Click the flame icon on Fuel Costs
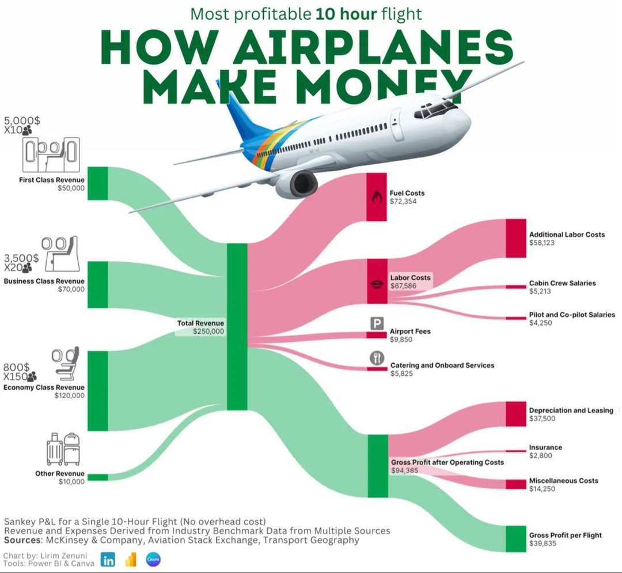click(377, 197)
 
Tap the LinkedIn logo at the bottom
click(108, 559)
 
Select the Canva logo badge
click(153, 559)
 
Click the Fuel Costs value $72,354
click(403, 202)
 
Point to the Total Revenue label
click(200, 323)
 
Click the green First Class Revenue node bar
click(97, 183)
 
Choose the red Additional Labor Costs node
click(516, 238)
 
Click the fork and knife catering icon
click(377, 357)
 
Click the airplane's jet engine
click(297, 183)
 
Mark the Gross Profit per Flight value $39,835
click(543, 543)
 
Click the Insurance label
click(545, 447)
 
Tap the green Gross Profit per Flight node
click(516, 539)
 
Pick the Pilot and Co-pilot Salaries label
click(572, 315)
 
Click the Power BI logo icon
click(131, 559)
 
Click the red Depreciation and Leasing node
click(516, 414)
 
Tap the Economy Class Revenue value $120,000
click(70, 395)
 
